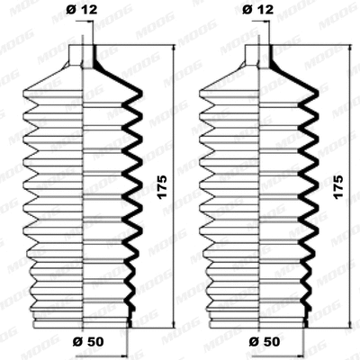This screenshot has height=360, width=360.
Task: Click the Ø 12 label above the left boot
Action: tap(82, 12)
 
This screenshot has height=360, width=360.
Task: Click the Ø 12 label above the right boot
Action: tap(258, 12)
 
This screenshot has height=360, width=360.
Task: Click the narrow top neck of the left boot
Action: tap(83, 55)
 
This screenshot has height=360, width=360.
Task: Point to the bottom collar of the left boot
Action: tap(83, 322)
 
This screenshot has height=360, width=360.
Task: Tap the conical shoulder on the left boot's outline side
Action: tap(49, 76)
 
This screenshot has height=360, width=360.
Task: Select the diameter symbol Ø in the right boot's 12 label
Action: tap(248, 12)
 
